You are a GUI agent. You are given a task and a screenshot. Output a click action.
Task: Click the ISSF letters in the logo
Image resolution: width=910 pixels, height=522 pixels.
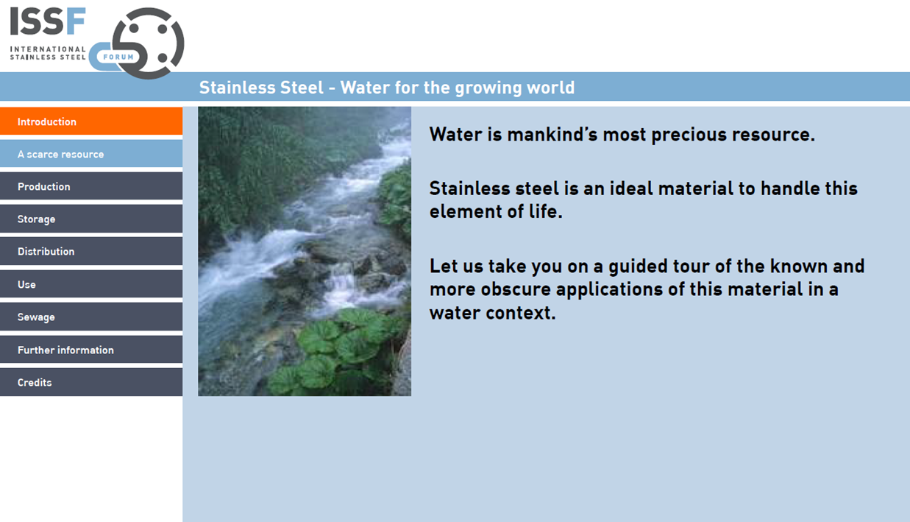[48, 22]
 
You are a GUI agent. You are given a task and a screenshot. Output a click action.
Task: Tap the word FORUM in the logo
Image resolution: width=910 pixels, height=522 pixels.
[118, 57]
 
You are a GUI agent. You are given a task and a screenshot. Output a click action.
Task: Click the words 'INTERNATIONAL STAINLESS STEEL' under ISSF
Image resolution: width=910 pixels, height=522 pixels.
[48, 53]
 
